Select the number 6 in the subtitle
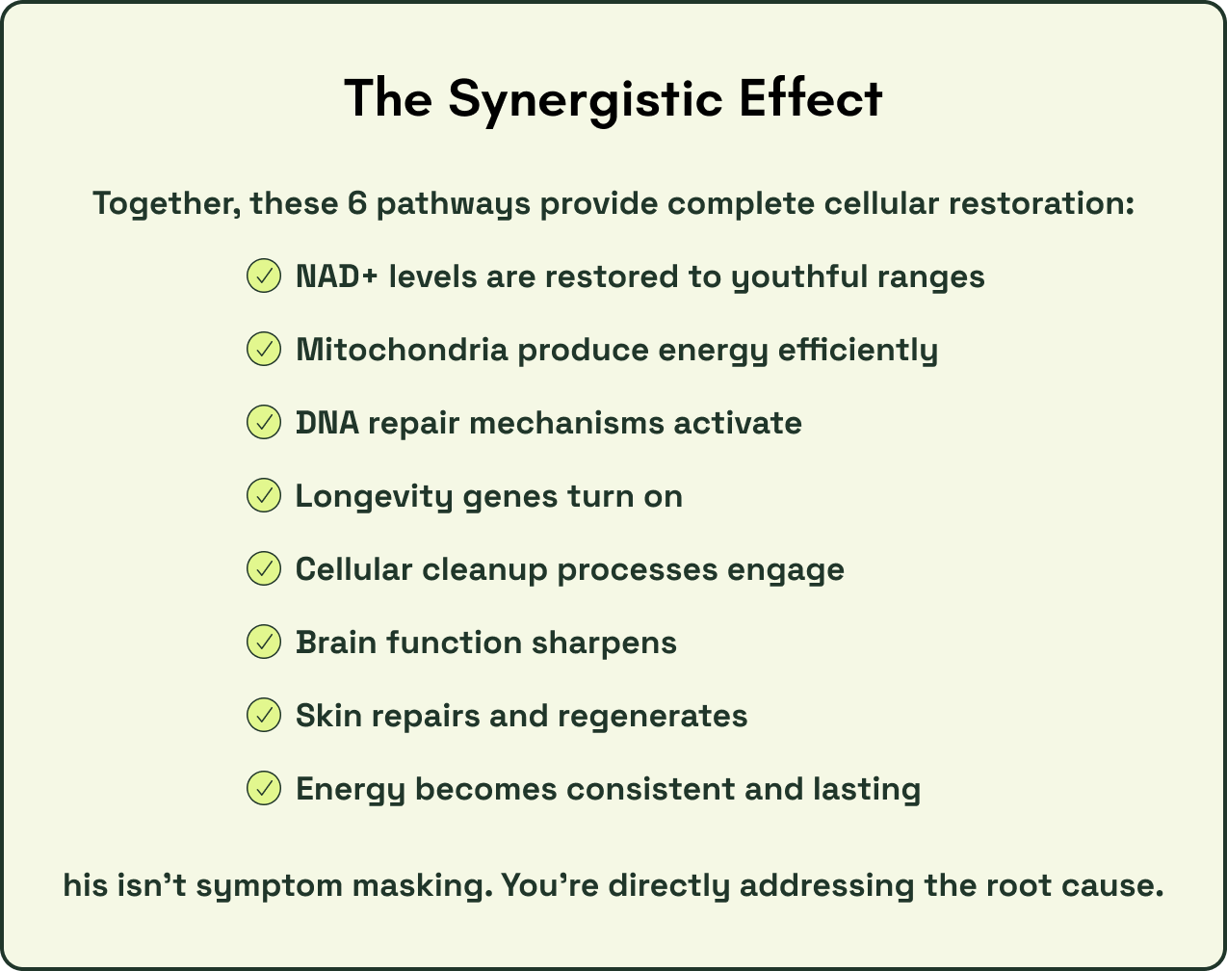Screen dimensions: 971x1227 point(357,204)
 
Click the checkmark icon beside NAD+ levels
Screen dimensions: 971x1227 point(263,276)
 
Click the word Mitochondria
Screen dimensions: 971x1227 point(401,350)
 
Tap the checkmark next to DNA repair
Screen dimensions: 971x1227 point(263,423)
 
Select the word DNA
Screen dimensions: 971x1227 point(326,423)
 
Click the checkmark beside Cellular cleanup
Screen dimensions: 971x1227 point(263,569)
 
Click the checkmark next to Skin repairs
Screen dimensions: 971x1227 point(263,716)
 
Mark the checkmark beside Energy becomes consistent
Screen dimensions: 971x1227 point(263,789)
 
